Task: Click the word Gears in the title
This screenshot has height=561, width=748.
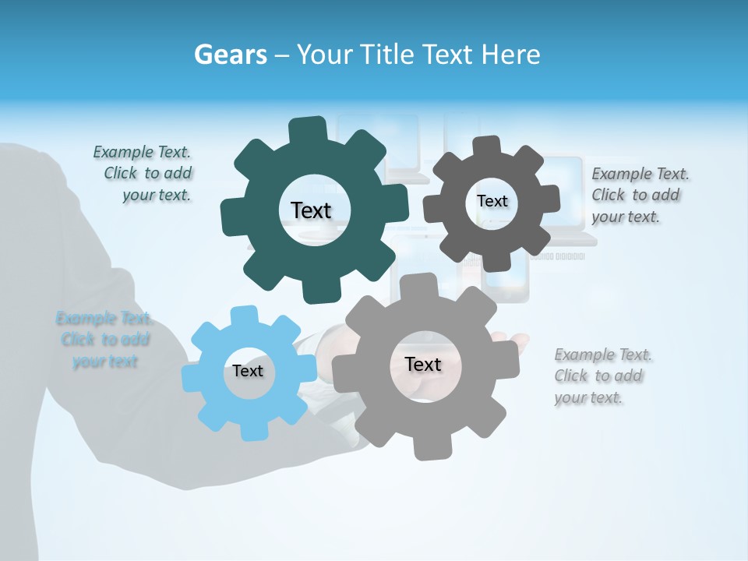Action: click(230, 55)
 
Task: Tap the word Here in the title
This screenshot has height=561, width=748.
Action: click(511, 55)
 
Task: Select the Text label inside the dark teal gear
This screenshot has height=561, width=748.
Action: click(311, 210)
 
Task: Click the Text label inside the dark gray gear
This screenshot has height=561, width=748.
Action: click(492, 201)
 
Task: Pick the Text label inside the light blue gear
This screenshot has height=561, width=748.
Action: click(248, 371)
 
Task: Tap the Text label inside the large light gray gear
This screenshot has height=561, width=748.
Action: click(423, 364)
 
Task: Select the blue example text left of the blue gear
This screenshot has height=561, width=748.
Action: click(104, 340)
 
